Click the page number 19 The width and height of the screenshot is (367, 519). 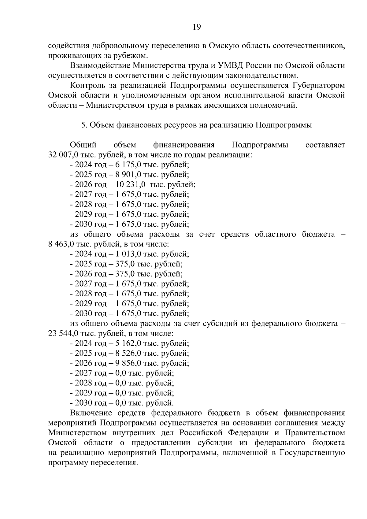click(197, 27)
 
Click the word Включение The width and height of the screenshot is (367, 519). click(91, 413)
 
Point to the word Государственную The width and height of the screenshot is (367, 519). click(312, 453)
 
